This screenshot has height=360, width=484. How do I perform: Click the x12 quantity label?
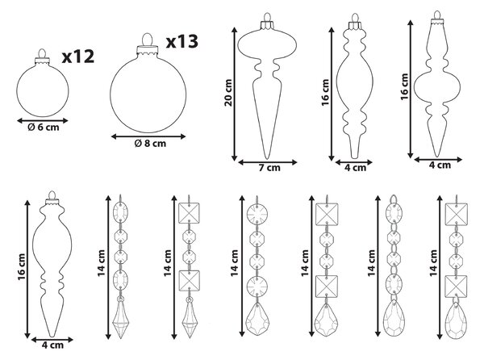[x=78, y=57]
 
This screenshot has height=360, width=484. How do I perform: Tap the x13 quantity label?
[x=182, y=42]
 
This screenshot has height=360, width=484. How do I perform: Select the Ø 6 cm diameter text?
[x=44, y=128]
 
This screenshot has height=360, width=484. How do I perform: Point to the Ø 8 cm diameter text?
[x=150, y=143]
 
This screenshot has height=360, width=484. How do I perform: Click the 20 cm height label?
[x=228, y=93]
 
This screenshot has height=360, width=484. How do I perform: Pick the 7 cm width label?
[x=269, y=168]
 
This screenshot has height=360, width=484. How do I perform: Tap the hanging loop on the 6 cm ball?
[x=42, y=53]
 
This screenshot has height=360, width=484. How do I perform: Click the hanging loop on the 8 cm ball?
[x=148, y=40]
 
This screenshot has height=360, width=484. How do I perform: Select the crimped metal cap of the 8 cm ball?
[x=148, y=50]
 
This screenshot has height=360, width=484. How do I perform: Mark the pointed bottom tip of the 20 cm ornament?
[x=267, y=159]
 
